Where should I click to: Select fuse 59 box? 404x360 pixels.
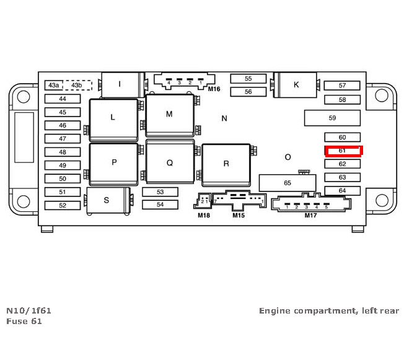(332, 118)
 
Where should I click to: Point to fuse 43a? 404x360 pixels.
(54, 85)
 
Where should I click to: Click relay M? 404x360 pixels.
(169, 115)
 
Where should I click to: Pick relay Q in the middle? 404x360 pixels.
(169, 163)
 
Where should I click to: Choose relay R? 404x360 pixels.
(226, 164)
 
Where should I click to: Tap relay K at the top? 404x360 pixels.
(296, 85)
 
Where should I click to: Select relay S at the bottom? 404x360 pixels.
(107, 200)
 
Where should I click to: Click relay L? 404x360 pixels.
(113, 117)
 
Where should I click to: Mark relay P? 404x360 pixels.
(114, 162)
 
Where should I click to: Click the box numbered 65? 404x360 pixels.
(287, 183)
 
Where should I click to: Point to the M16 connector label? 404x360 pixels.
(214, 89)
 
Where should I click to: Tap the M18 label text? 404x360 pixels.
(204, 215)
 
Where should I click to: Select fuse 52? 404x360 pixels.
(62, 205)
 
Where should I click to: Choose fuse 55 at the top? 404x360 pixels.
(248, 79)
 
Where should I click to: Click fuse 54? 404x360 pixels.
(160, 204)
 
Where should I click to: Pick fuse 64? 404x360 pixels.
(342, 190)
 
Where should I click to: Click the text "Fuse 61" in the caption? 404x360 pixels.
(24, 321)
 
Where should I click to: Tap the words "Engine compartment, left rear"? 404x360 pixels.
(329, 310)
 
